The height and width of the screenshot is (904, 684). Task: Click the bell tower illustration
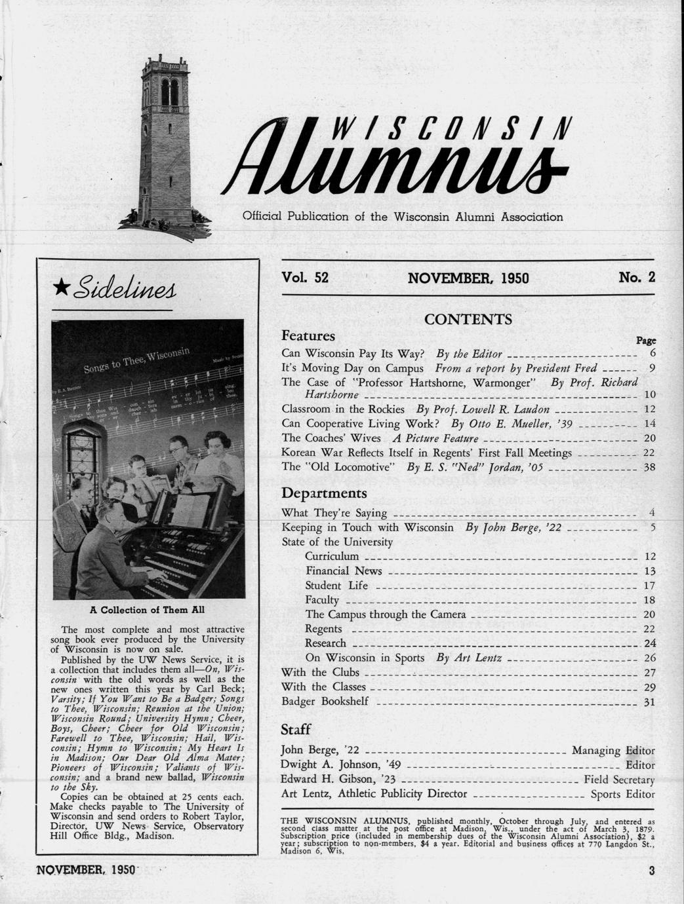coord(164,147)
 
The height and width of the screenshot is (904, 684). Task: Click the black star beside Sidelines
coord(62,286)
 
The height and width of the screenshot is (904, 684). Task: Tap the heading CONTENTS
coord(468,320)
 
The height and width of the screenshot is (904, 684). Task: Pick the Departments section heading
coord(324,493)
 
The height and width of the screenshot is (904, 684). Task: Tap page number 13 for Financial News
coord(649,571)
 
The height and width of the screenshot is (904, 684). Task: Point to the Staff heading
coord(295,729)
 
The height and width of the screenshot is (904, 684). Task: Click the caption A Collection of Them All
coord(148,610)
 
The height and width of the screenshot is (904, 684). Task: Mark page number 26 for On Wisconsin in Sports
coord(649,658)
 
